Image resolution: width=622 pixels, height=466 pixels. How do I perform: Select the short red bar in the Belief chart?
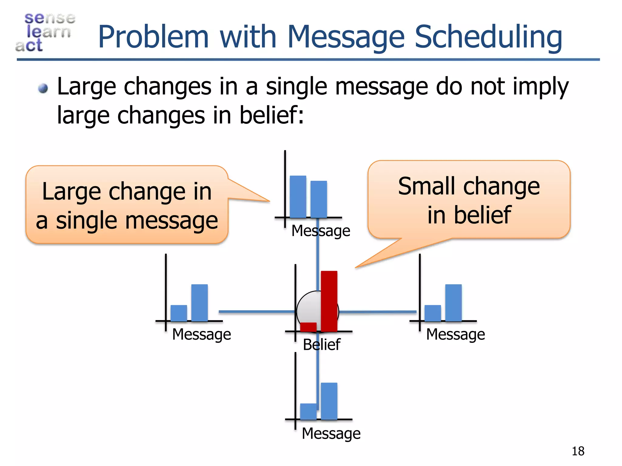pyautogui.click(x=308, y=327)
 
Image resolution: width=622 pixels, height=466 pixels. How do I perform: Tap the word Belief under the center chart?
pyautogui.click(x=321, y=345)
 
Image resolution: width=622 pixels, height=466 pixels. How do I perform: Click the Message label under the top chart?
pyautogui.click(x=321, y=231)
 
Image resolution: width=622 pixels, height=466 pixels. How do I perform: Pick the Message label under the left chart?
pyautogui.click(x=201, y=334)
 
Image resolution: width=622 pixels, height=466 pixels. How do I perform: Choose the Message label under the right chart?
pyautogui.click(x=455, y=334)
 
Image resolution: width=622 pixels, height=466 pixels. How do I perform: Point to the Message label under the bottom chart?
pyautogui.click(x=331, y=433)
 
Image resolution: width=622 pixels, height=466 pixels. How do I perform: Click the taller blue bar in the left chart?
pyautogui.click(x=199, y=302)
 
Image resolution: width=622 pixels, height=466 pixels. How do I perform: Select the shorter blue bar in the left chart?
pyautogui.click(x=179, y=313)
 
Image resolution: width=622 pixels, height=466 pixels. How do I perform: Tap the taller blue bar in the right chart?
pyautogui.click(x=453, y=302)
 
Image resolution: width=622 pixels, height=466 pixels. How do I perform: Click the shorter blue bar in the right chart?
pyautogui.click(x=432, y=313)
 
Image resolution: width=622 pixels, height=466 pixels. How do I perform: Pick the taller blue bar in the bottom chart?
pyautogui.click(x=329, y=401)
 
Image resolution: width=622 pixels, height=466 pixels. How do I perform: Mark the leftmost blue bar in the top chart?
pyautogui.click(x=298, y=197)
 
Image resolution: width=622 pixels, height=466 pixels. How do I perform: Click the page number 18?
pyautogui.click(x=578, y=451)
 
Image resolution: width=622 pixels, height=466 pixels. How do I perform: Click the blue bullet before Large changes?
pyautogui.click(x=43, y=89)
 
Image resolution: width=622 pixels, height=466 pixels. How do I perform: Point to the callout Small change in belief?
pyautogui.click(x=469, y=200)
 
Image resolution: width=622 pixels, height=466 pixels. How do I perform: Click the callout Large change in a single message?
pyautogui.click(x=127, y=205)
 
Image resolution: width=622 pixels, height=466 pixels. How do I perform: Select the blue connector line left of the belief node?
pyautogui.click(x=257, y=312)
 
